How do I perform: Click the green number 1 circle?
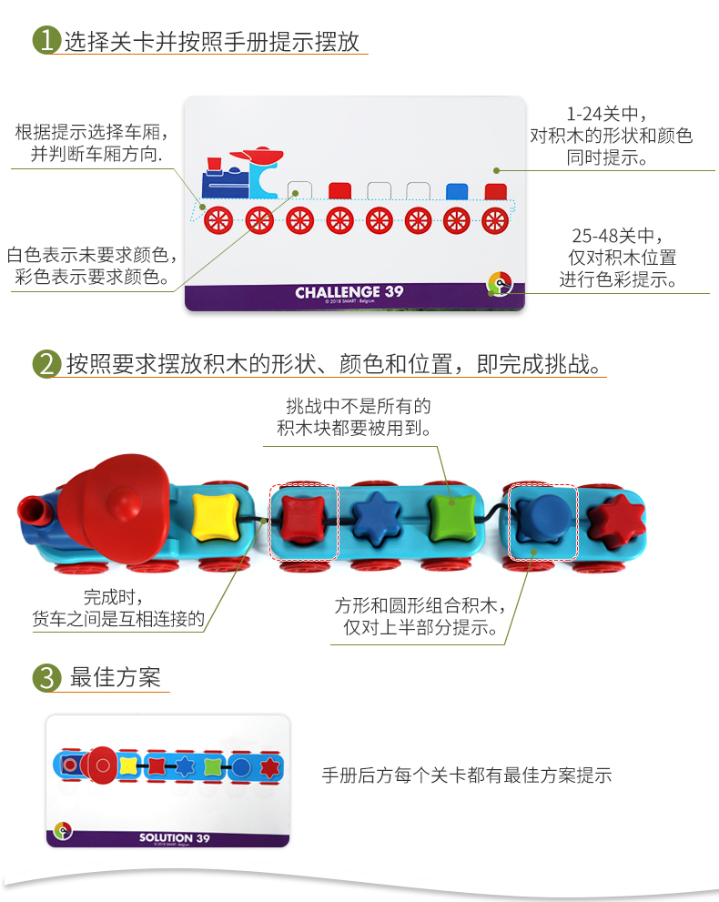click(46, 40)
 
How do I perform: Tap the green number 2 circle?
click(46, 363)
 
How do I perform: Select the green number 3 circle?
click(46, 678)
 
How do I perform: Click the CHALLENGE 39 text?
click(349, 292)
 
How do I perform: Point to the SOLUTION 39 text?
click(174, 837)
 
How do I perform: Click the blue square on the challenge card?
click(457, 191)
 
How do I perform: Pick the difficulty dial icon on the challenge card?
click(500, 284)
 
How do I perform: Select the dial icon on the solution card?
click(63, 831)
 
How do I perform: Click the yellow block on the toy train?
click(215, 517)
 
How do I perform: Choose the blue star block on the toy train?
click(377, 518)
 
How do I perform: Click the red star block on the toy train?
click(617, 522)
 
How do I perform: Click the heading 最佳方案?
click(115, 677)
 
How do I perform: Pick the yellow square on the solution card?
click(127, 765)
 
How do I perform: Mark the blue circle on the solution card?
click(240, 767)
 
